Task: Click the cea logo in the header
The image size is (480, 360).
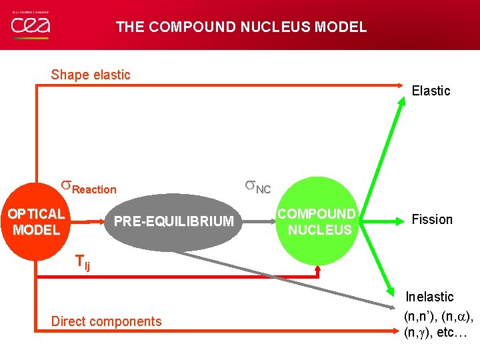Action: (x=30, y=25)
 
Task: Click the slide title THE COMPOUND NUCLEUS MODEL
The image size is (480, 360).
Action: (x=241, y=27)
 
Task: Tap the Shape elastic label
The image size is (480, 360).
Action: (x=91, y=75)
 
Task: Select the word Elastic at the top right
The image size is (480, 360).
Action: (x=431, y=91)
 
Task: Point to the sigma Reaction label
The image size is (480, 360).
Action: (x=89, y=187)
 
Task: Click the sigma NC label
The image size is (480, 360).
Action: (x=257, y=187)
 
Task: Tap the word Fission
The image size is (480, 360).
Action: (x=432, y=219)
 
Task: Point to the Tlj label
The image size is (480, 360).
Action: (x=83, y=263)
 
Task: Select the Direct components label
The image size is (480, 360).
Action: (x=107, y=321)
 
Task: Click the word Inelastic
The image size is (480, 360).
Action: (x=430, y=297)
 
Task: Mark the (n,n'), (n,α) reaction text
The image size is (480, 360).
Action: (x=438, y=314)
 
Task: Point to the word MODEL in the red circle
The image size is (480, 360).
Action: (x=37, y=230)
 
